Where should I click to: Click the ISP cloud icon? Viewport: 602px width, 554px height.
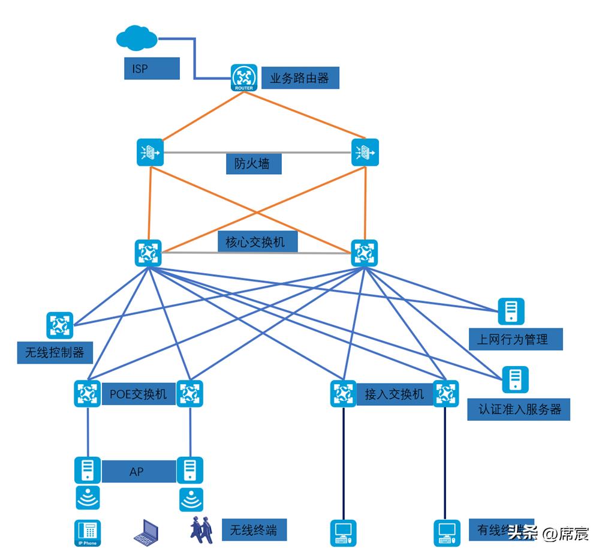[x=137, y=39]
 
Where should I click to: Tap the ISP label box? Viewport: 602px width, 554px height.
[x=152, y=68]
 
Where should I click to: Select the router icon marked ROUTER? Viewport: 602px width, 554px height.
[x=244, y=77]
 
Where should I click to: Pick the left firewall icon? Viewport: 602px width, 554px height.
[x=149, y=152]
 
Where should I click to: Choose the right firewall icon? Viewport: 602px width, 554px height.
[x=365, y=152]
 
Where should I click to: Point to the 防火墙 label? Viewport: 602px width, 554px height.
[x=253, y=163]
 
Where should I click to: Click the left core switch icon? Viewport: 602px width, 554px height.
[x=148, y=253]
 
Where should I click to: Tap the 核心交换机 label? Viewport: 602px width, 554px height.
[x=255, y=242]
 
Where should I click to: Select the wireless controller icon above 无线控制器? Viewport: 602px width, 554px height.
[x=59, y=325]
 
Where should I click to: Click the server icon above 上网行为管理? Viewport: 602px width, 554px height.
[x=511, y=312]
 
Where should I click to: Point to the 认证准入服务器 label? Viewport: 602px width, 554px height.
[x=519, y=409]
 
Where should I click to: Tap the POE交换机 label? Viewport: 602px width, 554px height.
[x=138, y=394]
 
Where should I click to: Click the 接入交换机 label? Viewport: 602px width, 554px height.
[x=394, y=394]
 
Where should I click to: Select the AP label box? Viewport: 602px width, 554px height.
[x=137, y=472]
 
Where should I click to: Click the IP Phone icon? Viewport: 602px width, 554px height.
[x=88, y=533]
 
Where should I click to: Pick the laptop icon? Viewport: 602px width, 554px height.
[x=146, y=532]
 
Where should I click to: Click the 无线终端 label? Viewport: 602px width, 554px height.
[x=254, y=530]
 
